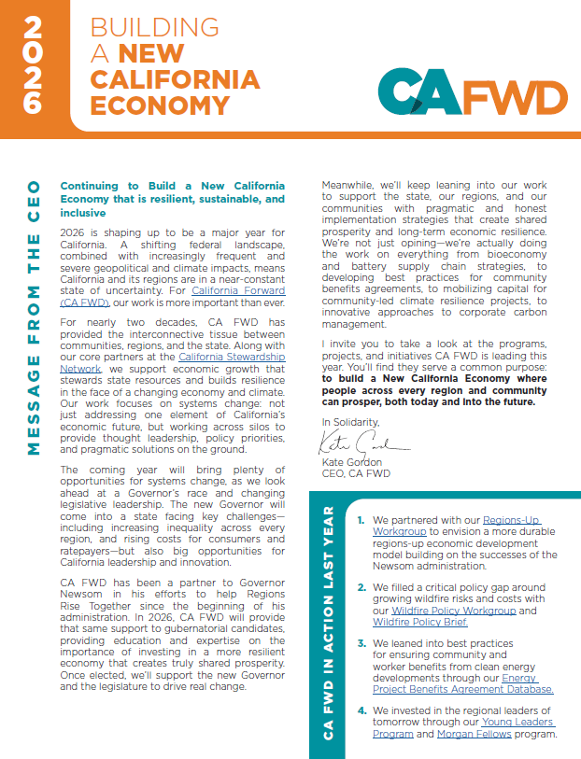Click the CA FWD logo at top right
coord(473,94)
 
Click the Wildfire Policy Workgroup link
coord(443,611)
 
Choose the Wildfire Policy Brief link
coord(416,622)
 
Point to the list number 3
coord(360,644)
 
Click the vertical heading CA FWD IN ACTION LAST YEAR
coord(327,624)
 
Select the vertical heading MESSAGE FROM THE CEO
coord(33,317)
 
